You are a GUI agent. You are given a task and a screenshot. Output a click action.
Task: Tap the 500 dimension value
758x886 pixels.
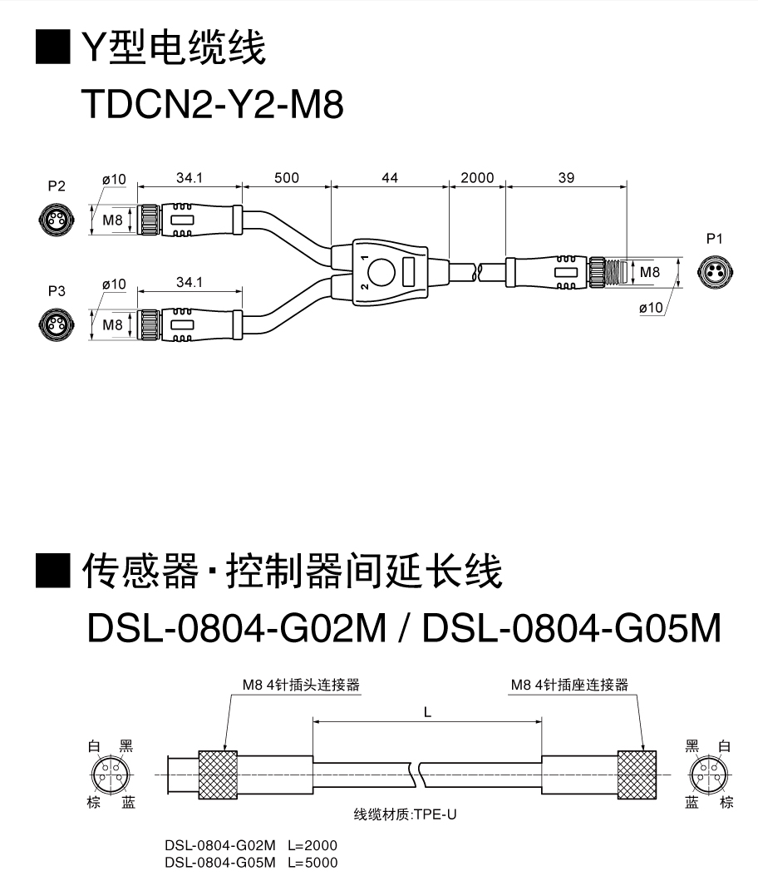point(286,177)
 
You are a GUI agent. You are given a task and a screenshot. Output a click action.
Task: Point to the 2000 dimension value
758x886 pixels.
point(477,177)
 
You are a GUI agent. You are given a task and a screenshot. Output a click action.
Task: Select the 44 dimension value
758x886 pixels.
point(390,177)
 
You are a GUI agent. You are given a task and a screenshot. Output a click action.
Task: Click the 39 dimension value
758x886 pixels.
point(566,177)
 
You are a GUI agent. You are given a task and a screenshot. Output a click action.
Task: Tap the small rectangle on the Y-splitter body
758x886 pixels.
point(409,271)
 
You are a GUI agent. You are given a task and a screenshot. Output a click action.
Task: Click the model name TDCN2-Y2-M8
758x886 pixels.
point(213,106)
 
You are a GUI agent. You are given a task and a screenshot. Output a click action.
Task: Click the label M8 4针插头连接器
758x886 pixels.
point(301,685)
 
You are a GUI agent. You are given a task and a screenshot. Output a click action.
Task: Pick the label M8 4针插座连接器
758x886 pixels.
point(570,685)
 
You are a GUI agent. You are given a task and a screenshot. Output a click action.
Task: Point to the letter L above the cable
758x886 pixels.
point(427,712)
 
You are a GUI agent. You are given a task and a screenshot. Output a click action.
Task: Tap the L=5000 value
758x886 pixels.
point(313,863)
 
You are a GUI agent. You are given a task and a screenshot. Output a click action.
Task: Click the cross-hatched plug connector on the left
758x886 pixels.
point(219,775)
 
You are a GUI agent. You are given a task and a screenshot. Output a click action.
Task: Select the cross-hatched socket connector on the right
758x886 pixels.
point(638,775)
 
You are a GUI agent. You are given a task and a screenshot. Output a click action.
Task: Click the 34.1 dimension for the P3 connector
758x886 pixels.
point(189,282)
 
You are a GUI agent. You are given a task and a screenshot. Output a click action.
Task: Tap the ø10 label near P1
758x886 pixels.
point(651,308)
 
